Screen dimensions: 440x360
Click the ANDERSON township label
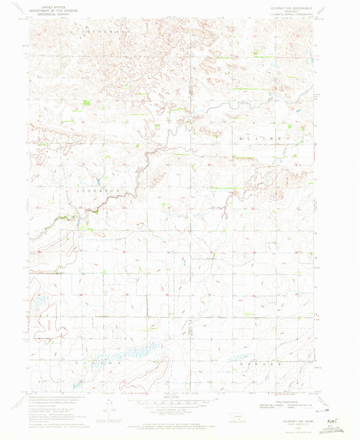click(x=100, y=191)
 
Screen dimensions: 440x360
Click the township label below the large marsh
click(x=101, y=364)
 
